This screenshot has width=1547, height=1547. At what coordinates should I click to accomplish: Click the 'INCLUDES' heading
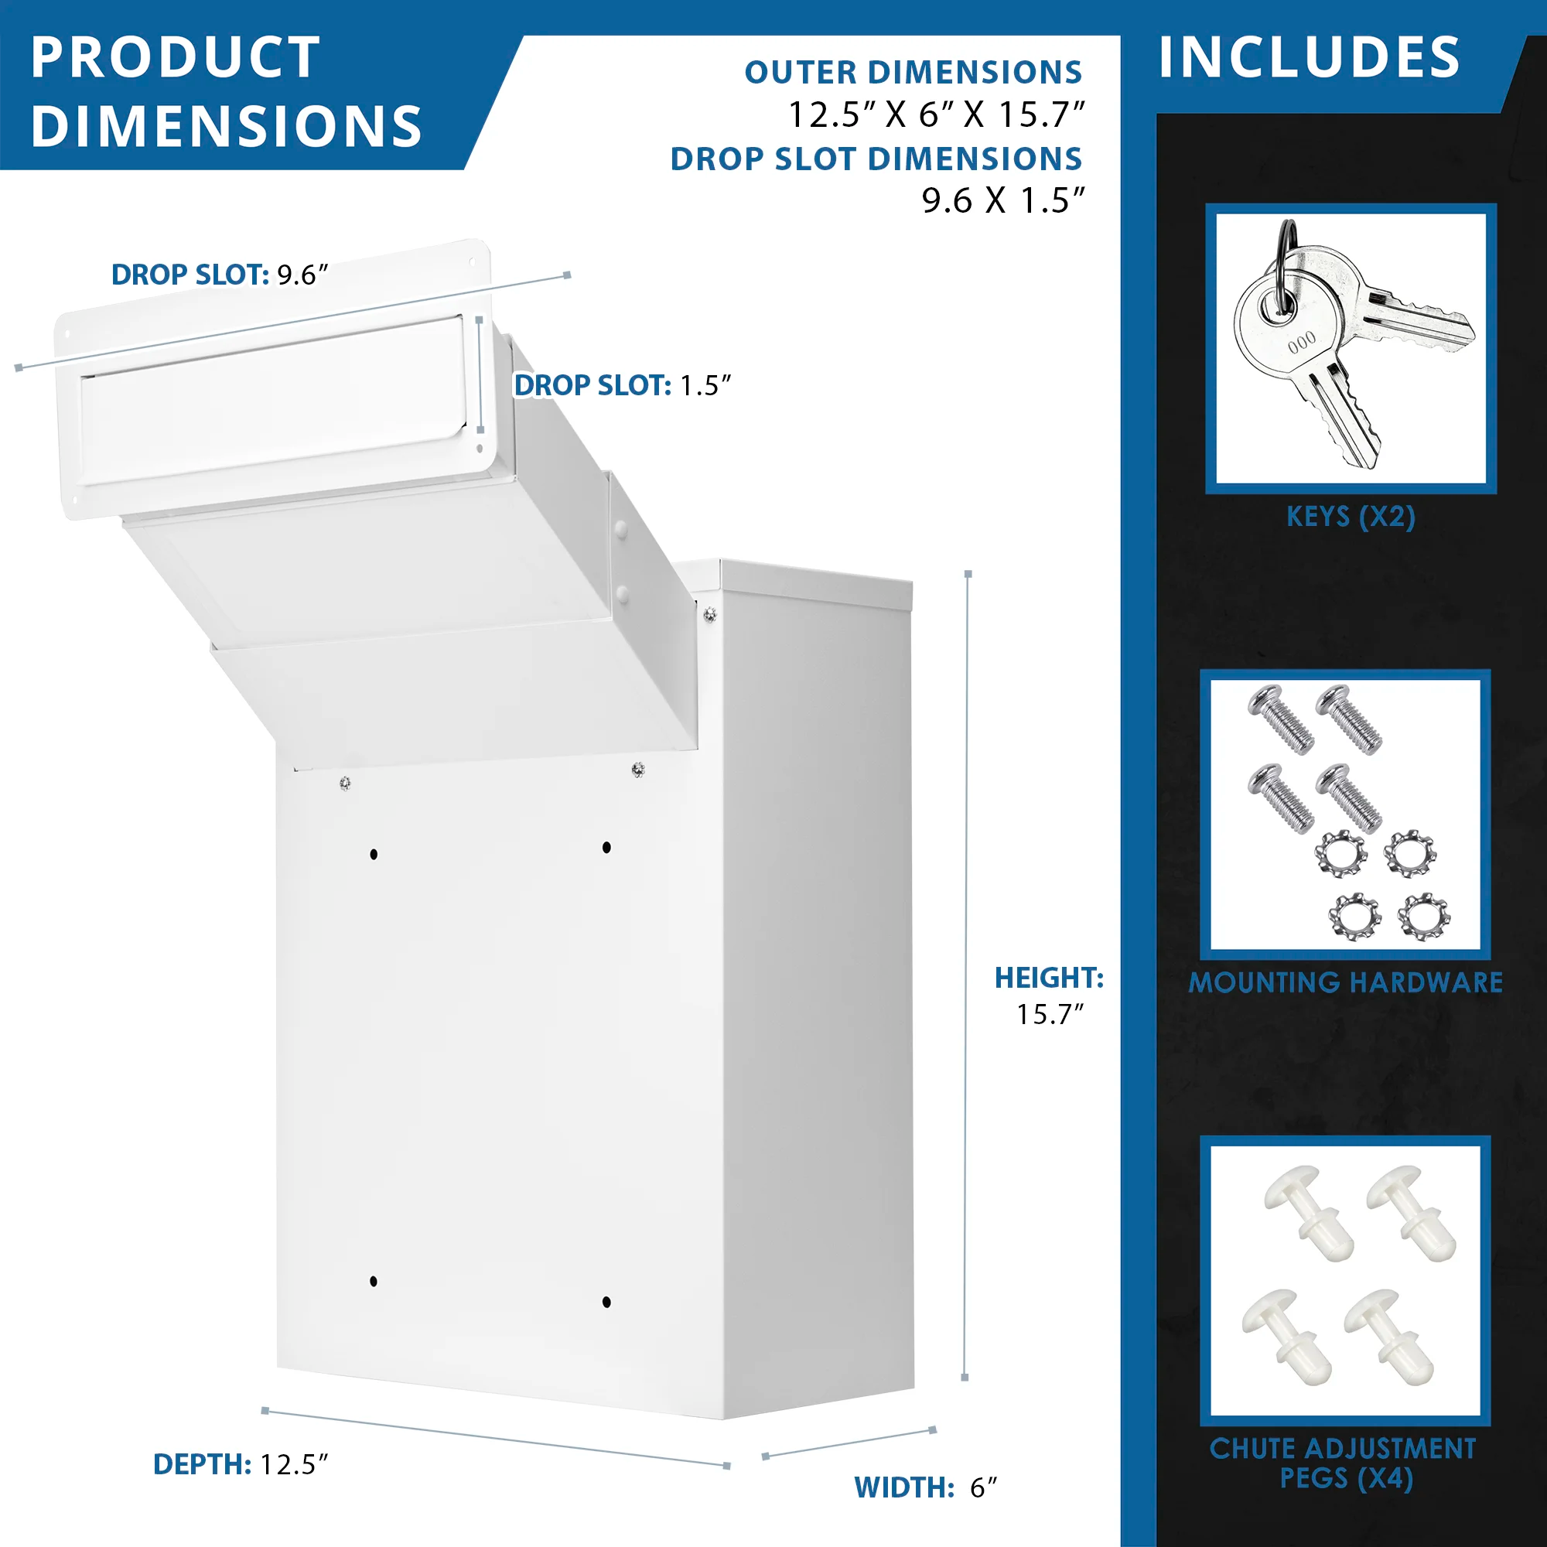pos(1310,58)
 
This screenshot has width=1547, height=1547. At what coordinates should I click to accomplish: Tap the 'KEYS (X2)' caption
pos(1351,517)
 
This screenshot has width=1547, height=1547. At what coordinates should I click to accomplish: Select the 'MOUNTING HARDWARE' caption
pos(1345,982)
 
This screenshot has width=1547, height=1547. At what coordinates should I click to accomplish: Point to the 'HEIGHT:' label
pos(1049,978)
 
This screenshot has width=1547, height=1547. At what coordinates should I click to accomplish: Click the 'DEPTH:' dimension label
pos(203,1464)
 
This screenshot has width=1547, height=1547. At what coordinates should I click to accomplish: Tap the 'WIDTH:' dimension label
pos(904,1487)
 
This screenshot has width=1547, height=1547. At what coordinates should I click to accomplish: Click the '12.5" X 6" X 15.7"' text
pos(936,114)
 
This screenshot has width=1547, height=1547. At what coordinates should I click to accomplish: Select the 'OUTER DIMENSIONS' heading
pos(913,72)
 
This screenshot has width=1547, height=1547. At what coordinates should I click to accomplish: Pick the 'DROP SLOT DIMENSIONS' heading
pos(876,159)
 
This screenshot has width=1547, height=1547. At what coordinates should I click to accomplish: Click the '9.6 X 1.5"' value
pos(1002,200)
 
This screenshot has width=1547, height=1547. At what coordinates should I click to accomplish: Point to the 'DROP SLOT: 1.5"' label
pos(622,385)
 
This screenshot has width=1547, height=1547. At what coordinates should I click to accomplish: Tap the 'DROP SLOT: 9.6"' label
pos(220,275)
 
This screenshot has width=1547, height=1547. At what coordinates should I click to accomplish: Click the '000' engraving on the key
pos(1302,342)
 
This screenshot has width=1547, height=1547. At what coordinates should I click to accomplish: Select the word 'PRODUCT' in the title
pos(176,58)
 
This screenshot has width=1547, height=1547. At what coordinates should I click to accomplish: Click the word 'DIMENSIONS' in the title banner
pos(227,127)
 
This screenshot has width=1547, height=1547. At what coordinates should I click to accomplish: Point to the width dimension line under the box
pos(849,1443)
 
